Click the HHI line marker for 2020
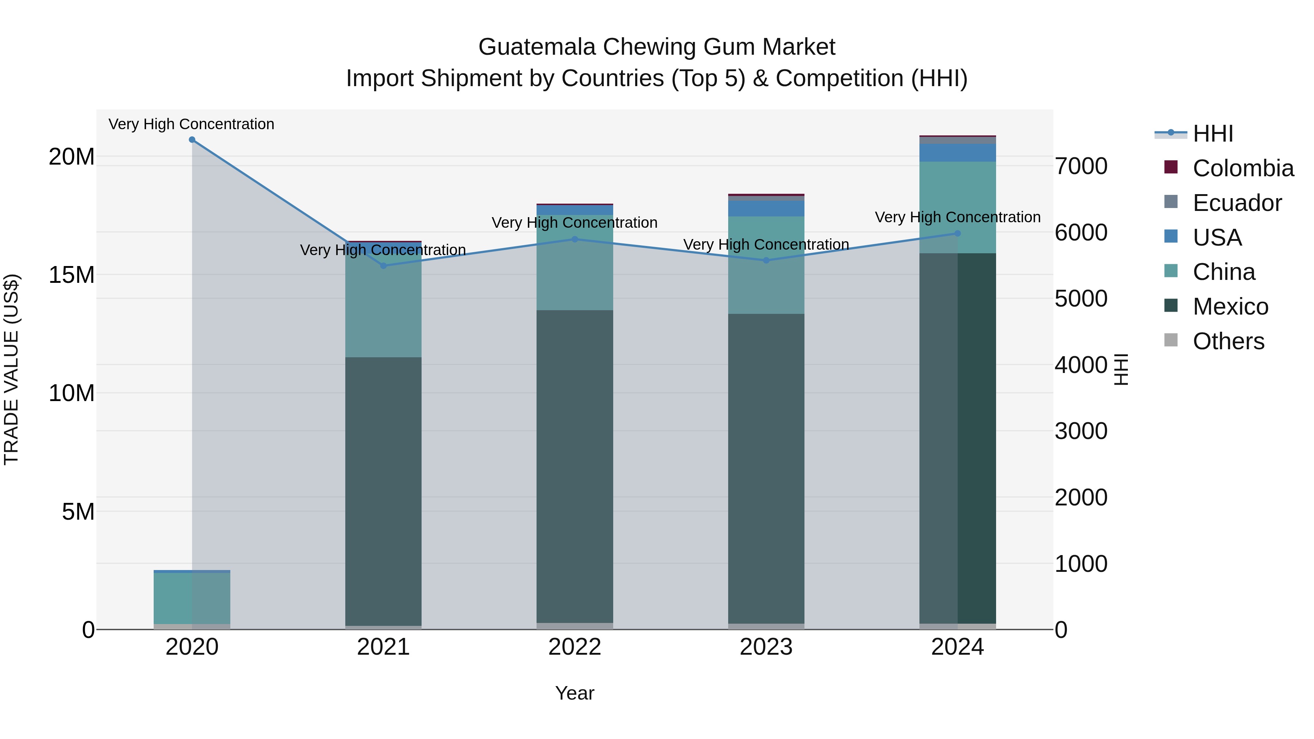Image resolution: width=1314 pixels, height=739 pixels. click(x=192, y=140)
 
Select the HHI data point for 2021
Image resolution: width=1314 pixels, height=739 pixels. click(x=384, y=266)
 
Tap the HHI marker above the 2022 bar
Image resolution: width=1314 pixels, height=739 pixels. click(x=575, y=239)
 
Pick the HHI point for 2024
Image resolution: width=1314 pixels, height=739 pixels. click(x=957, y=234)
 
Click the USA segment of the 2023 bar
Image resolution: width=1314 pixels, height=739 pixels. click(x=766, y=209)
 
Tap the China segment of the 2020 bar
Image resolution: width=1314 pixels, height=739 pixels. click(x=192, y=598)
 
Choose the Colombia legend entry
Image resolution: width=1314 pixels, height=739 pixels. click(x=1242, y=168)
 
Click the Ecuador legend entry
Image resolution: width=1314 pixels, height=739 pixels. click(x=1237, y=203)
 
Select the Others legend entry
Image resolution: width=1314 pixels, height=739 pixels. click(x=1228, y=341)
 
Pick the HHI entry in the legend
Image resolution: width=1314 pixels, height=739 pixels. click(x=1213, y=134)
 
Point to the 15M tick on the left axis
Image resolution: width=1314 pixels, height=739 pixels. click(x=72, y=275)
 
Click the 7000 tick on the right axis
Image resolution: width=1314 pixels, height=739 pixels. click(x=1081, y=166)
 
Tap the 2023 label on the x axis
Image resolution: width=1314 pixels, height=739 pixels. click(x=766, y=647)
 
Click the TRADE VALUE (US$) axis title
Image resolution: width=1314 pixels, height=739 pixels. click(x=11, y=369)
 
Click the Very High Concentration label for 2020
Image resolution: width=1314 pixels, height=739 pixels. click(x=191, y=124)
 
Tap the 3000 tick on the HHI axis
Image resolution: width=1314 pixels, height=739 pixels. click(x=1081, y=431)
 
